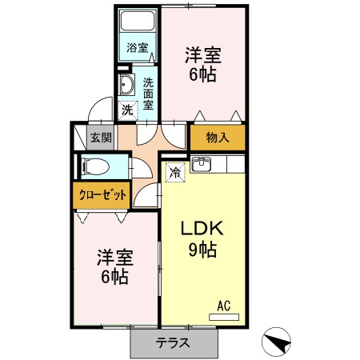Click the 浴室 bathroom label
(x=138, y=47)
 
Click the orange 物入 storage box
(x=218, y=137)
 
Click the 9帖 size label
(x=202, y=250)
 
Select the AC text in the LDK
(x=224, y=305)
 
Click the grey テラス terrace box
(x=173, y=342)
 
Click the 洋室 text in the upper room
(x=202, y=56)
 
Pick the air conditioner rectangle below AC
(x=224, y=317)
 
